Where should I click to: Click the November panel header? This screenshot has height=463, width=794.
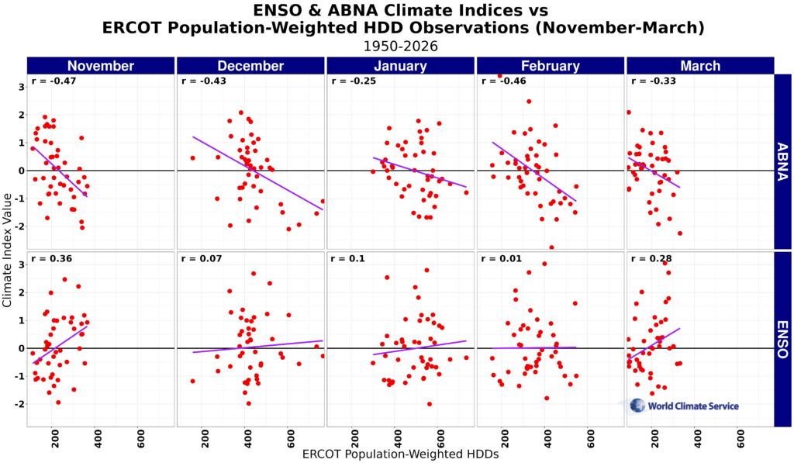click(100, 66)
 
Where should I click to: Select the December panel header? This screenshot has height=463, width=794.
click(250, 66)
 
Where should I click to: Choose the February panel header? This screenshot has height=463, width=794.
click(550, 66)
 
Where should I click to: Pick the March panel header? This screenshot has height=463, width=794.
click(699, 66)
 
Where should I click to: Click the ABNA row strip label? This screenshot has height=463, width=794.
click(783, 161)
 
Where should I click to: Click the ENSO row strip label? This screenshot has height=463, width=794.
click(783, 339)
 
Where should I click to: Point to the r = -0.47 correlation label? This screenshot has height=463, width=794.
click(47, 81)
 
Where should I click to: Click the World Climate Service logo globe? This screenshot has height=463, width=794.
click(637, 405)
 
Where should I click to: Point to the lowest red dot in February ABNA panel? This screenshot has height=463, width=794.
click(551, 247)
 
